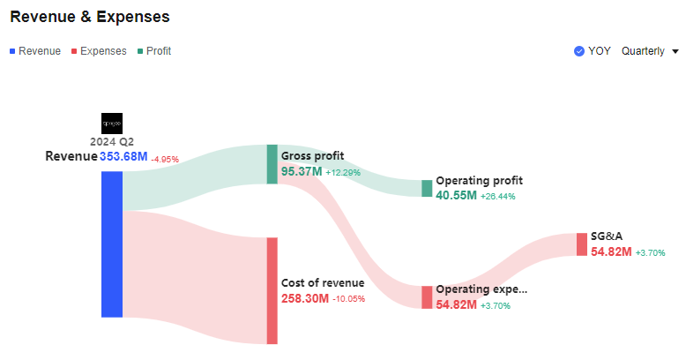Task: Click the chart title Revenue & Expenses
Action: coord(89,17)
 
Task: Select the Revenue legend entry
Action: coord(35,51)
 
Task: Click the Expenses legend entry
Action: coord(99,51)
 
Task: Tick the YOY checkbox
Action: coord(579,51)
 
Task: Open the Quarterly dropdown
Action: coord(649,51)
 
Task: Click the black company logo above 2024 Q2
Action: coord(112,123)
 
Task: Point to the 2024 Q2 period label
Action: coord(112,141)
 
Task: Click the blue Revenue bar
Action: coord(112,244)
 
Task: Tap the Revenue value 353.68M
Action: coord(123,157)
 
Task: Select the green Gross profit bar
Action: coord(272,164)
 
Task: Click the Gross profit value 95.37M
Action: coord(301,172)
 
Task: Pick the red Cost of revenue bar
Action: coord(272,290)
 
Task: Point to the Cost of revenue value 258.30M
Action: coord(305,299)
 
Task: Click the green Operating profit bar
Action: coord(427,188)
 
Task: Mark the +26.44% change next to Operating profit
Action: coord(497,196)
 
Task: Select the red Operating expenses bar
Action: coord(427,296)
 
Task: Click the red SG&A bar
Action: coord(582,244)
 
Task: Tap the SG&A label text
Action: coord(607,236)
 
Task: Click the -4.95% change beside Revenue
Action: coord(165,160)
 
